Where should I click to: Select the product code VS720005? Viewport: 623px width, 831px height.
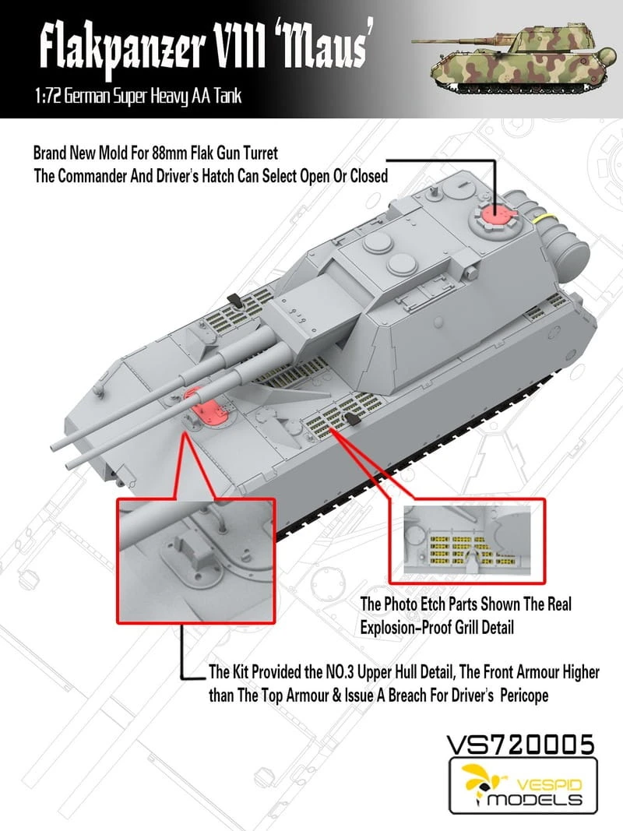point(519,744)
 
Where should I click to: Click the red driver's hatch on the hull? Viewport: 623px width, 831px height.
point(205,408)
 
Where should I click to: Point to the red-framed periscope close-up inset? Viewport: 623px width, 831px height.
point(195,561)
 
